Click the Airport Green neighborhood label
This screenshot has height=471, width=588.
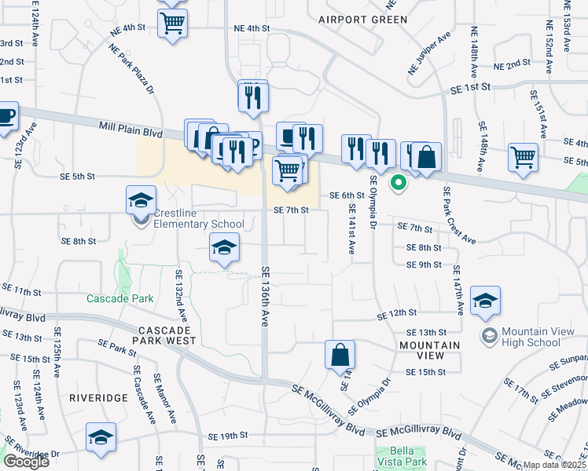click(x=363, y=19)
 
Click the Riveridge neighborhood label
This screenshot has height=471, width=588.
click(x=98, y=398)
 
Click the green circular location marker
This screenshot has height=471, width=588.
click(x=399, y=184)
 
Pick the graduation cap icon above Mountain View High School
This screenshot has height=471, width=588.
click(x=485, y=300)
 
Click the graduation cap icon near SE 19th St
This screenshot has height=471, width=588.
click(x=101, y=437)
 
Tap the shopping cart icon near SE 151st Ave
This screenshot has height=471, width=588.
click(x=523, y=156)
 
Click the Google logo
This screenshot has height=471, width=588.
click(x=26, y=461)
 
